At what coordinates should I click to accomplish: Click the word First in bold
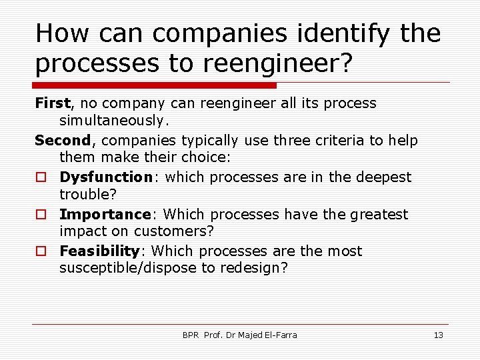pos(52,103)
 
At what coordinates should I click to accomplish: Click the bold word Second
pos(63,141)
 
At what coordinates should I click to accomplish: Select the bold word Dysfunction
pos(105,177)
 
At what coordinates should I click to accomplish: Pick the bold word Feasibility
pos(99,251)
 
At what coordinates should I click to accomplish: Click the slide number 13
pos(438,335)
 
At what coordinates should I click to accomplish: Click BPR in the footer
pos(191,335)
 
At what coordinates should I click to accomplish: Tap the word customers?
pos(174,231)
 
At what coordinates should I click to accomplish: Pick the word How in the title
pos(59,33)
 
